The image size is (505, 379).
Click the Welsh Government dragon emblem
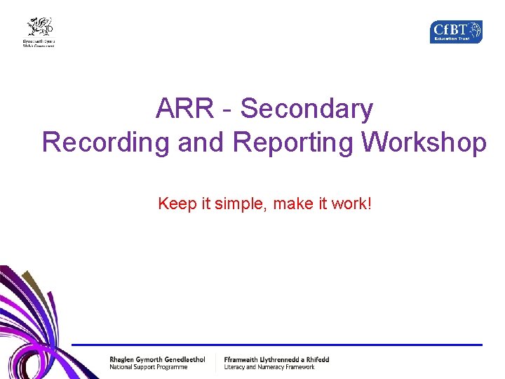[x=40, y=27]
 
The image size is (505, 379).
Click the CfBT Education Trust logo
[x=456, y=32]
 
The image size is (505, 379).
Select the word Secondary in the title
[x=307, y=109]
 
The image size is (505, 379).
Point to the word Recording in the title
[x=106, y=142]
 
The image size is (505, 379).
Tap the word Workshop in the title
[x=424, y=142]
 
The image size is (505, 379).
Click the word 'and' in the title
[x=201, y=142]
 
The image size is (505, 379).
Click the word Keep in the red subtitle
[x=176, y=204]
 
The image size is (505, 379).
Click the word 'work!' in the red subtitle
[x=351, y=204]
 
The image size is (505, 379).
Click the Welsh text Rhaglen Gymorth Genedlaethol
[x=157, y=359]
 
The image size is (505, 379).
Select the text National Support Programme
[x=148, y=367]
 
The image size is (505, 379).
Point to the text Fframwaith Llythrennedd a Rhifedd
[x=276, y=359]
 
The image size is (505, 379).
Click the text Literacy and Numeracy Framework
[x=269, y=367]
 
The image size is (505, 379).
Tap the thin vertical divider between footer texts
[x=215, y=363]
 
